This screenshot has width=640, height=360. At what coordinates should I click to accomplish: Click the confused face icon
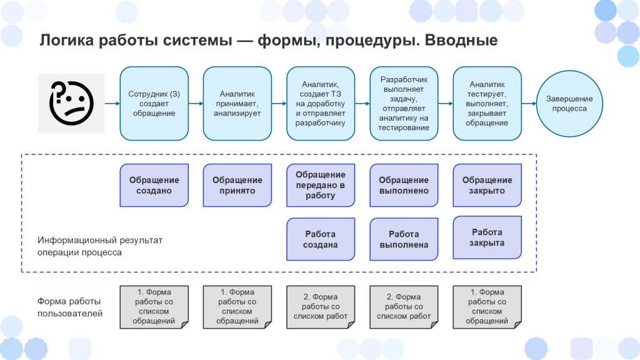pos(71,103)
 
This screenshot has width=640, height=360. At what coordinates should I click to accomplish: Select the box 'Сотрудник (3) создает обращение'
pos(154,104)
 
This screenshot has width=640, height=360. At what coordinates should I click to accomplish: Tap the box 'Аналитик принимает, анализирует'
pos(237,104)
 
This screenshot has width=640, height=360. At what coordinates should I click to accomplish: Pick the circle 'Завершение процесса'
pos(569,104)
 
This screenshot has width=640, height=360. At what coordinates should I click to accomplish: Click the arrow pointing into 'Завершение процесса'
pos(529,104)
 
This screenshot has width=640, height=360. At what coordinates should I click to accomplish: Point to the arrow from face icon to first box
pos(112,104)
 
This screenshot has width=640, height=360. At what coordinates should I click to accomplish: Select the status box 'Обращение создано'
pos(154,185)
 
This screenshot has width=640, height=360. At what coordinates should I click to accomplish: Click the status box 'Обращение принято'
pos(237,185)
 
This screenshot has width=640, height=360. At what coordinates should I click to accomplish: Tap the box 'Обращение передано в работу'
pos(321,185)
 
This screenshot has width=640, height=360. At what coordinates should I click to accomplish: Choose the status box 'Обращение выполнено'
pos(404,185)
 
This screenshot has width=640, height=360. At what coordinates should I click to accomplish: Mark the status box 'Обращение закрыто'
pos(487,185)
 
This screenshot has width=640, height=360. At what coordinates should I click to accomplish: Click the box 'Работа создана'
pos(321,239)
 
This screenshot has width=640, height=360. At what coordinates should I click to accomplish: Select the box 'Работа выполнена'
pos(404,239)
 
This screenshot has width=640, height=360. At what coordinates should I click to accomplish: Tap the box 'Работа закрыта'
pos(487,237)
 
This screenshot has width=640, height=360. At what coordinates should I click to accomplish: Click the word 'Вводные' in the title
pos(461,41)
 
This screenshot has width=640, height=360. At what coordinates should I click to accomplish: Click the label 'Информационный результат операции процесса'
pos(100,246)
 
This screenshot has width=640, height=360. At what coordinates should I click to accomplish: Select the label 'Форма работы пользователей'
pos(70,307)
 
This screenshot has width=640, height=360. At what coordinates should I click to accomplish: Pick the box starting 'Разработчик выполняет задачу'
pos(404,104)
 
